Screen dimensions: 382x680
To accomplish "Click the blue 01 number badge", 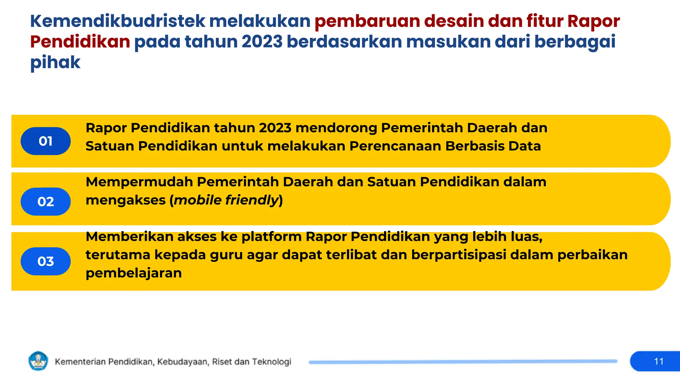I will click(45, 141).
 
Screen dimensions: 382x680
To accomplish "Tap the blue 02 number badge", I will click(45, 202).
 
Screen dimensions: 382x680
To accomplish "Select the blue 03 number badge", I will click(45, 261).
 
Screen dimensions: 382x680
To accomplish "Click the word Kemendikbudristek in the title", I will click(118, 21).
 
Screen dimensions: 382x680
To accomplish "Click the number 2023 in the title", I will click(262, 42).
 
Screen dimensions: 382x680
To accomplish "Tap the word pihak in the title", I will click(55, 62).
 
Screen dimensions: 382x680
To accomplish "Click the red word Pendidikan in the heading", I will click(80, 42).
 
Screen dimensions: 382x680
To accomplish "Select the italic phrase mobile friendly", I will click(226, 200).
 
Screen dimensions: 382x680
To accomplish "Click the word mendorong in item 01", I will click(336, 128).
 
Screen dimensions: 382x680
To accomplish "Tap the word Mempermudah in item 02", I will click(139, 182).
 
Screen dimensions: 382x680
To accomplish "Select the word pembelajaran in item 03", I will click(133, 273).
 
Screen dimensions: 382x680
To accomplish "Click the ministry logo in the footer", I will click(39, 361).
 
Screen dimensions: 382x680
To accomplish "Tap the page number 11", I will click(659, 361).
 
